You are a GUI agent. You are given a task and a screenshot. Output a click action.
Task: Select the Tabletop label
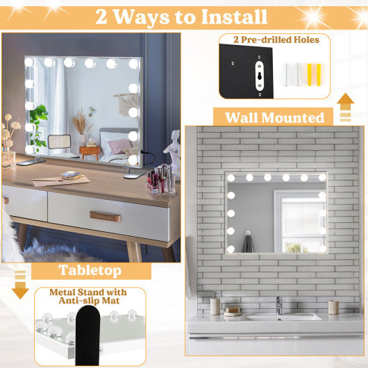tap(90, 270)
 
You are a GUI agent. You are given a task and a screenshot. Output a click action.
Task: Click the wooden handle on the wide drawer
tap(105, 217)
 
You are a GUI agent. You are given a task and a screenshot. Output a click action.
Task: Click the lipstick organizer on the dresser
tap(158, 182)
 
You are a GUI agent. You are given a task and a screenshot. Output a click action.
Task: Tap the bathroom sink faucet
tap(278, 304)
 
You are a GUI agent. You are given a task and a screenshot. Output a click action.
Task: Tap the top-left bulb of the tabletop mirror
tap(29, 62)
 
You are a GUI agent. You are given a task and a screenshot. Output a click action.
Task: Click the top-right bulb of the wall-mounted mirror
tap(321, 178)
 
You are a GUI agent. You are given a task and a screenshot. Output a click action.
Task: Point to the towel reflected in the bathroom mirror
tap(248, 244)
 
